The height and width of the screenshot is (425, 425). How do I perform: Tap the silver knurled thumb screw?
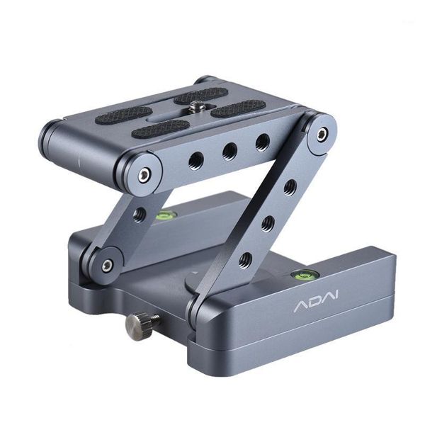click(x=137, y=326)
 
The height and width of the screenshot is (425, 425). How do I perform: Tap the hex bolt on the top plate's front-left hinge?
click(x=145, y=174)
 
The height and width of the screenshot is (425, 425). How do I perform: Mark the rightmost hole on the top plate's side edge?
click(x=262, y=142)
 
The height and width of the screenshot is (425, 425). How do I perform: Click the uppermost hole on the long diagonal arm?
click(x=290, y=188)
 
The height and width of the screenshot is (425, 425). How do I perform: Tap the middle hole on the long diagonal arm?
click(x=267, y=225)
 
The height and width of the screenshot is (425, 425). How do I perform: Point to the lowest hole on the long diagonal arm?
click(x=244, y=260)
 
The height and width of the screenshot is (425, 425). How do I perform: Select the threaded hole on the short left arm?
click(x=140, y=213)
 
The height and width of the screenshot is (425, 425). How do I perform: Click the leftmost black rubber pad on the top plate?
click(x=123, y=115)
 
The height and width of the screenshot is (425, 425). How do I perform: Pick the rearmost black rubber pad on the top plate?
click(x=201, y=94)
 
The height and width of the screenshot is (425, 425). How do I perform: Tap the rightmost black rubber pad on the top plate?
click(x=238, y=108)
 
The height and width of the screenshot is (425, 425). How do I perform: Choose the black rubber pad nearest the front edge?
click(x=161, y=129)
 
